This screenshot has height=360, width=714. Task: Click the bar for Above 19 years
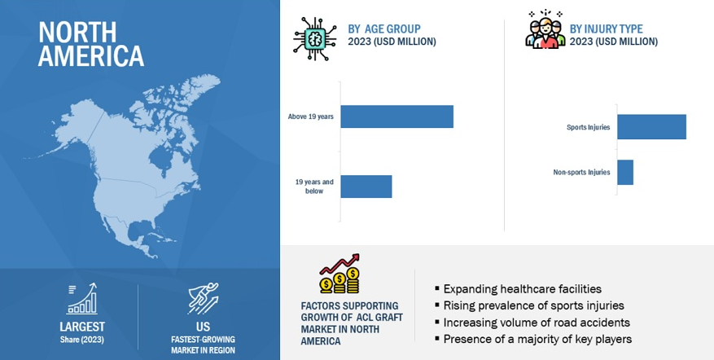396,116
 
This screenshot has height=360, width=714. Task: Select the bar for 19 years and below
366,187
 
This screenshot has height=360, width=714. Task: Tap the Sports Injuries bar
651,127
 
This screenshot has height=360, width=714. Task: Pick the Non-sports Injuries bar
625,172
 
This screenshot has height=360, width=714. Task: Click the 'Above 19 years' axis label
310,116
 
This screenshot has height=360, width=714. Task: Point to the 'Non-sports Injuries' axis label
581,172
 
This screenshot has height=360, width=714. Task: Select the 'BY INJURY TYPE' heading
606,29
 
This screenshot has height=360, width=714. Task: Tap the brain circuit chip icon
314,40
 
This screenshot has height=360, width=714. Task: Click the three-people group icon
545,29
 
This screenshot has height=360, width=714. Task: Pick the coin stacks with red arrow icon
339,274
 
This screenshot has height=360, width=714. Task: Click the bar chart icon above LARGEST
82,299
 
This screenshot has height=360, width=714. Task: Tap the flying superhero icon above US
203,298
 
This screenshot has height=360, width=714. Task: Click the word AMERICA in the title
91,56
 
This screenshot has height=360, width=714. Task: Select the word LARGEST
82,327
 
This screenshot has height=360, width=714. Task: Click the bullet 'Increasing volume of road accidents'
532,323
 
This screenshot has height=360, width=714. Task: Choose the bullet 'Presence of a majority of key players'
533,339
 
